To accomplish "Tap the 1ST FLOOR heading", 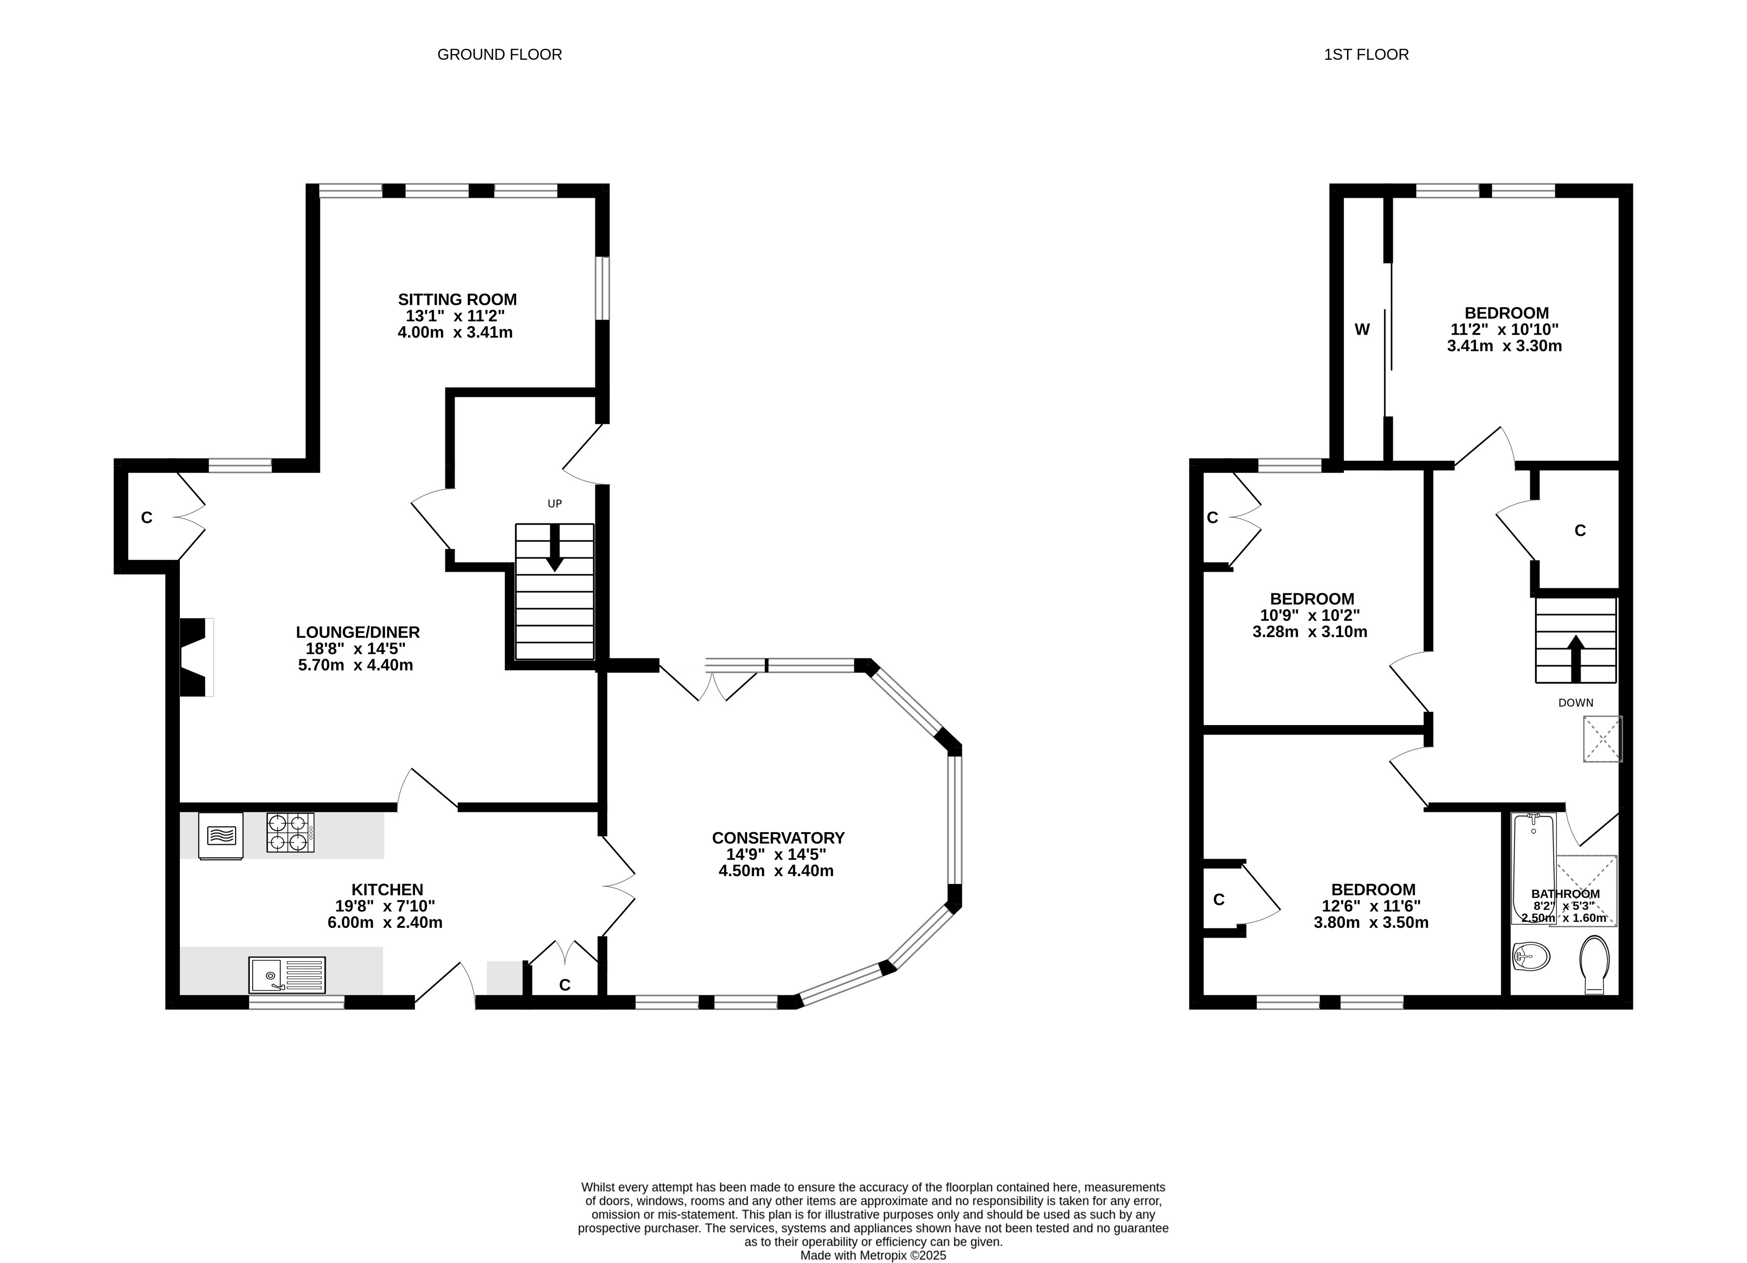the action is tap(1366, 55).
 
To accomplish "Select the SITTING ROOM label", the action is tap(457, 300).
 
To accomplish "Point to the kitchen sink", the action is tap(286, 975).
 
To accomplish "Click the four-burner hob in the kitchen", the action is tap(290, 833).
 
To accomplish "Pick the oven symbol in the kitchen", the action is tap(221, 836).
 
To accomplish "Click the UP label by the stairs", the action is tap(554, 504).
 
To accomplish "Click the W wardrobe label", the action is tap(1362, 330).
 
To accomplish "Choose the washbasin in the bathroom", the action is tap(1530, 957).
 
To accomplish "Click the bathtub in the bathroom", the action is tap(1534, 868).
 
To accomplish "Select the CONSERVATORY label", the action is tap(778, 838).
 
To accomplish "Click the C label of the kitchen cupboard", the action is tap(564, 985).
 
